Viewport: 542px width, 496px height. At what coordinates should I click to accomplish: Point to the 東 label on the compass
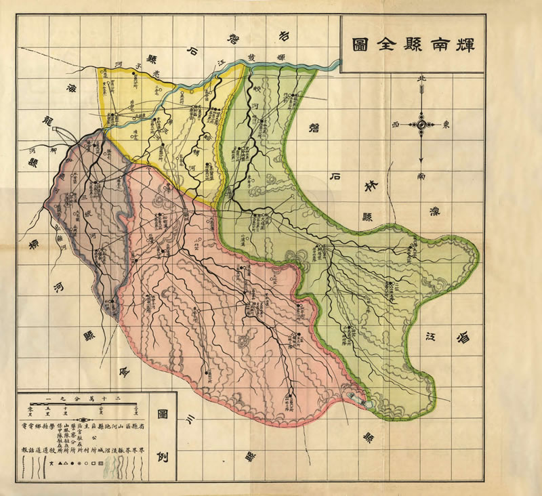(x=446, y=125)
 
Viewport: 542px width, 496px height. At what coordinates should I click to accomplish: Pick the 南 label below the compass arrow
(x=421, y=175)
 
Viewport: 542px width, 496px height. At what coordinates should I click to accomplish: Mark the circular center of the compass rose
(x=421, y=125)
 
